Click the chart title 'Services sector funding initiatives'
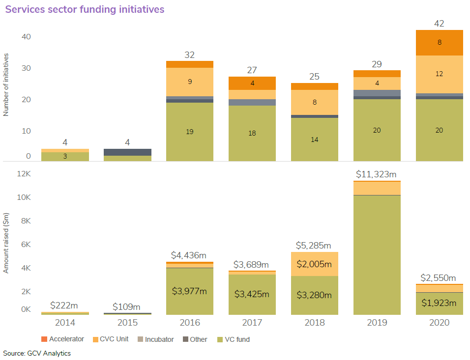click(85, 9)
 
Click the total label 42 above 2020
click(439, 23)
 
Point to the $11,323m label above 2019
click(377, 174)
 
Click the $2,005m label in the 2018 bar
click(315, 264)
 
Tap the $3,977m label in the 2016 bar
click(190, 291)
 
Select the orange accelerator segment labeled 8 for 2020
click(439, 43)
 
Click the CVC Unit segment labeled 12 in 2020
click(439, 74)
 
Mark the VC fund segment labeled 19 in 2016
click(190, 132)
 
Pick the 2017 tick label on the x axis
click(252, 322)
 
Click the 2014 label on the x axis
click(65, 322)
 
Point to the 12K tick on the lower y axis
click(24, 174)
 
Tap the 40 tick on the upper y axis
click(26, 37)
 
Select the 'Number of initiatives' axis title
click(6, 85)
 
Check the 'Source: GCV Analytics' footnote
click(37, 353)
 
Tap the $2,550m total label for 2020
click(439, 277)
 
